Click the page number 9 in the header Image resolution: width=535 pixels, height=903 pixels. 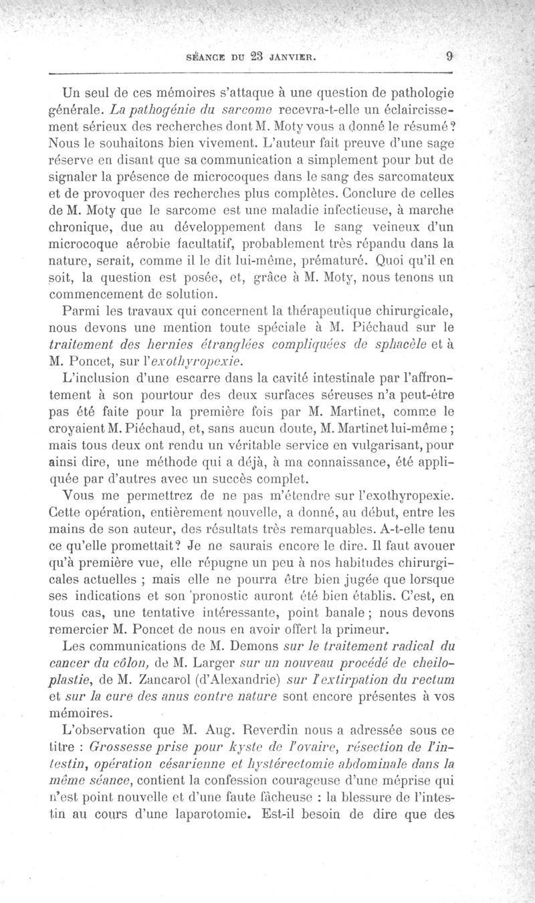click(451, 57)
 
